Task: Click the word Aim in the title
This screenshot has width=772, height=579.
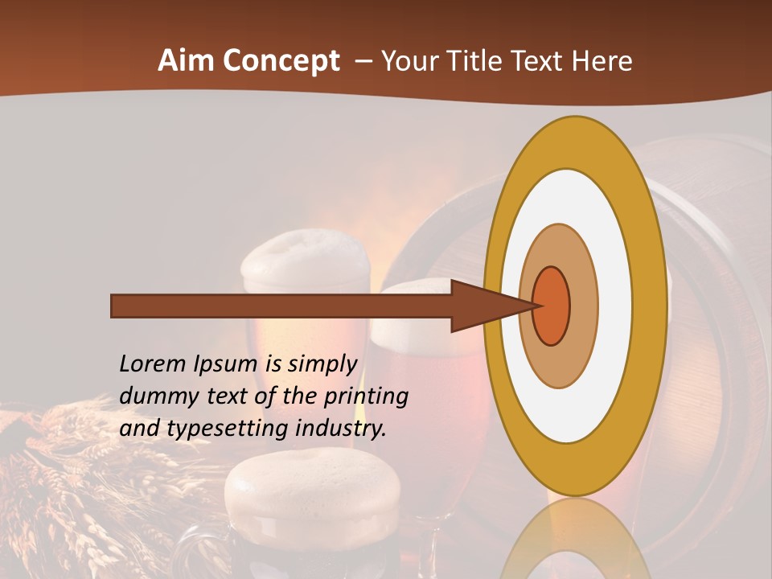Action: click(187, 60)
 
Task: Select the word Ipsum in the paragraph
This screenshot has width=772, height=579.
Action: click(224, 363)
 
